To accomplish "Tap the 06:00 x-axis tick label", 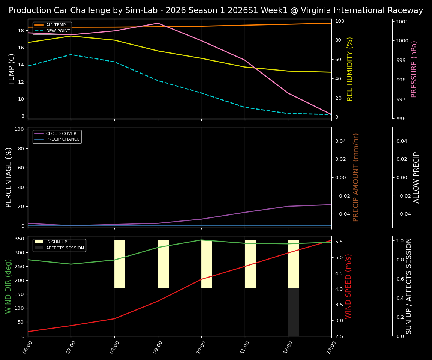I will (x=27, y=347).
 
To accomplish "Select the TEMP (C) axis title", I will (x=12, y=69).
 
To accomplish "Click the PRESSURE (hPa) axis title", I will (x=414, y=69).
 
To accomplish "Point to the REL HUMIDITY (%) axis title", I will (x=350, y=69).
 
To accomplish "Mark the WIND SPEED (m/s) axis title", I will (x=348, y=286).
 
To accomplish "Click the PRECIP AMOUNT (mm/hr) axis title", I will (x=356, y=177).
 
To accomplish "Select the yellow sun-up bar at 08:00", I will (x=120, y=264).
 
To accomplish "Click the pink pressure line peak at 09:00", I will (x=158, y=23).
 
